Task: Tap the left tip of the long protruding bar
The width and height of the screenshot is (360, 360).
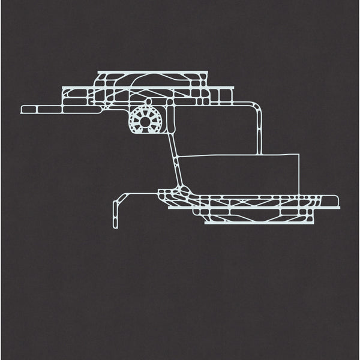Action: pos(23,110)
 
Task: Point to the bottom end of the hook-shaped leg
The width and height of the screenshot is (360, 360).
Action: pos(115,228)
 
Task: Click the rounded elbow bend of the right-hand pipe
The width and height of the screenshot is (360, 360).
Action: pos(257,108)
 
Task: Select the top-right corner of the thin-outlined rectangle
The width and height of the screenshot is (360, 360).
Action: pos(298,155)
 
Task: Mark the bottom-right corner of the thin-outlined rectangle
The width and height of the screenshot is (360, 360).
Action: pos(298,193)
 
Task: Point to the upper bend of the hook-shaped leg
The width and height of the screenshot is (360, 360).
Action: pos(124,196)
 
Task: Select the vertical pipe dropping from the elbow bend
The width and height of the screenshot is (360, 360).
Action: pos(260,132)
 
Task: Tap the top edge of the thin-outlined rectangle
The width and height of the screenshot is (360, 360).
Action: pos(240,155)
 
